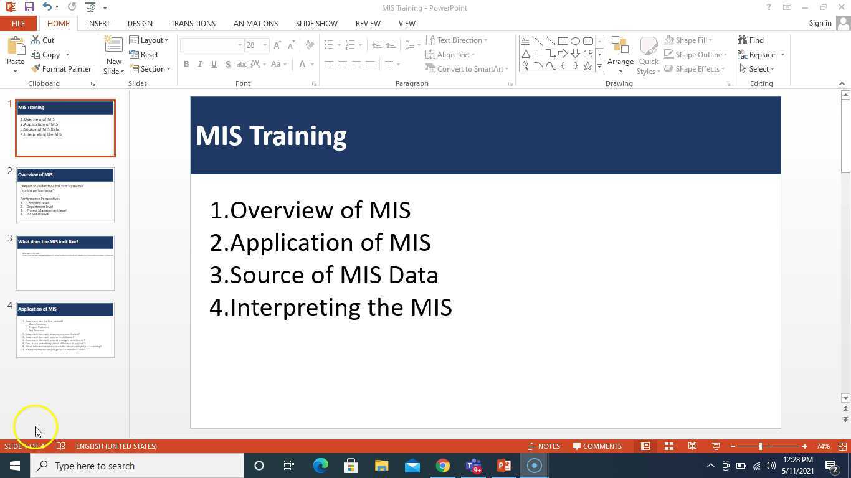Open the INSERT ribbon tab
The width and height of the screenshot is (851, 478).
[98, 23]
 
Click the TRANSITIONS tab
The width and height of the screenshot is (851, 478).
[193, 23]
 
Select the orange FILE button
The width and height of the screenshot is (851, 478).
[18, 23]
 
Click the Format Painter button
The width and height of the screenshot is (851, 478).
[61, 69]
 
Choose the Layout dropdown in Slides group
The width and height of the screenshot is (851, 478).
[149, 40]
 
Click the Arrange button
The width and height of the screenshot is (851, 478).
[620, 54]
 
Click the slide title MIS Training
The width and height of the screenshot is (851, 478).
[271, 136]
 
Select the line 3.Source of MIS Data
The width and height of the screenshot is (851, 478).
[324, 275]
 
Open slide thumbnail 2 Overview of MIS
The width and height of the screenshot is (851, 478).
[65, 195]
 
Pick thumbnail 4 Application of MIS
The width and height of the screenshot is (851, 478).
[65, 329]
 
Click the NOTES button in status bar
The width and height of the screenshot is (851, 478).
[543, 446]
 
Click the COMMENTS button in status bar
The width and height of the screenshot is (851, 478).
[597, 446]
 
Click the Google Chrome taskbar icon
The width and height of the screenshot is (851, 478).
[442, 466]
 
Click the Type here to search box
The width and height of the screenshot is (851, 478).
[137, 466]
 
